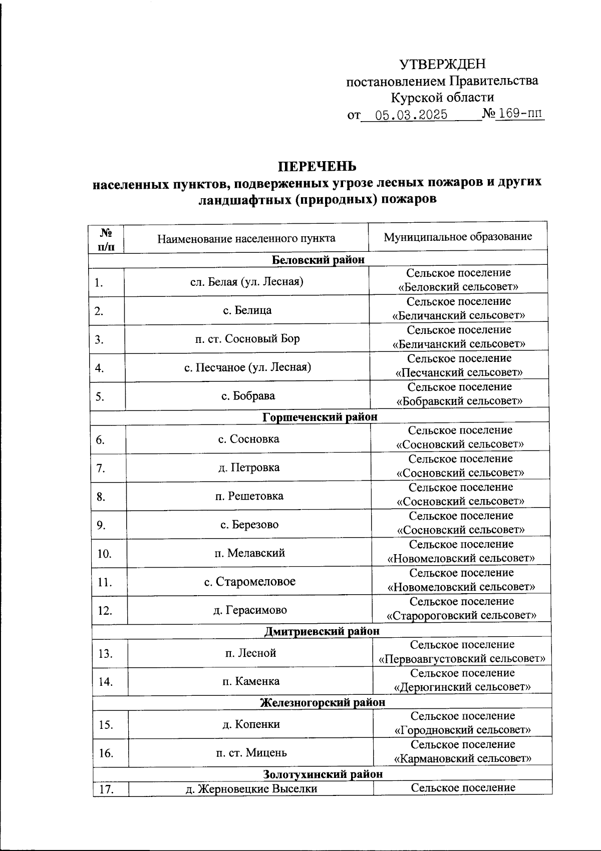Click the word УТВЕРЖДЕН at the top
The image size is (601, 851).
[x=442, y=64]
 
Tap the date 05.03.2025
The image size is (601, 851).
[x=411, y=115]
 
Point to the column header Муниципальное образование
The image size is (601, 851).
[x=458, y=237]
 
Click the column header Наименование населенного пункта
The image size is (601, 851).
[x=246, y=238]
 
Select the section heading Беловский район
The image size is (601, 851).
[x=318, y=259]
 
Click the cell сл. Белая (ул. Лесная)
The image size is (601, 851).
[x=247, y=281]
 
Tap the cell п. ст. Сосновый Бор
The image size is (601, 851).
[x=247, y=338]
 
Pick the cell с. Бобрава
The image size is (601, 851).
[x=248, y=395]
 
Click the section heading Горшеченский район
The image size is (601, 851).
[x=320, y=416]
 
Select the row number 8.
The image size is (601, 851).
[x=101, y=497]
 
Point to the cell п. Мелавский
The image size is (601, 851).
[x=249, y=553]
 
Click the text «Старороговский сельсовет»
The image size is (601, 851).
[x=462, y=615]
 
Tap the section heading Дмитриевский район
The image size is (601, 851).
[x=322, y=631]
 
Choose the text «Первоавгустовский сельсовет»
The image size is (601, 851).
[x=462, y=658]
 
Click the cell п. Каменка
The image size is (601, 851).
[x=251, y=681]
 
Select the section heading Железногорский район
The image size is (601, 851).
[x=323, y=702]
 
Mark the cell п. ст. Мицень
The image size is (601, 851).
[x=251, y=752]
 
